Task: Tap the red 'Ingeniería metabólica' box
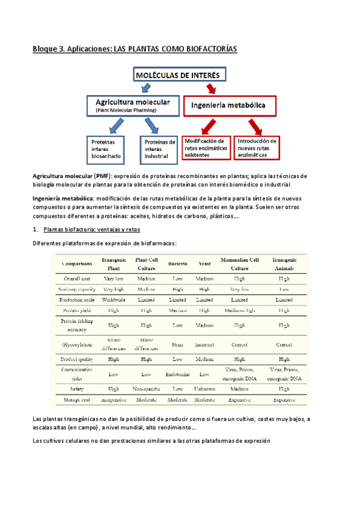(x=229, y=106)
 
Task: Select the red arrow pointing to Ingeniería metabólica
(x=211, y=88)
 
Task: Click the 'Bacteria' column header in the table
(x=177, y=263)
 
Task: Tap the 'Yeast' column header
(x=204, y=263)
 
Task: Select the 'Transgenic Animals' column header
(x=284, y=263)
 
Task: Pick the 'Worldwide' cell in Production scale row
(x=114, y=299)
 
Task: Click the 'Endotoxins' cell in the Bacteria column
(x=177, y=373)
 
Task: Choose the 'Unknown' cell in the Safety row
(x=204, y=389)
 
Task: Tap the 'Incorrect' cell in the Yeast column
(x=204, y=345)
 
